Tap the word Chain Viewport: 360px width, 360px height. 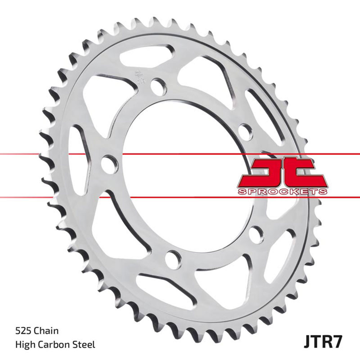[46, 330]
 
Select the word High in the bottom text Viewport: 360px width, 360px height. [24, 345]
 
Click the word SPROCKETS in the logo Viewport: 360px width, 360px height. [283, 192]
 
